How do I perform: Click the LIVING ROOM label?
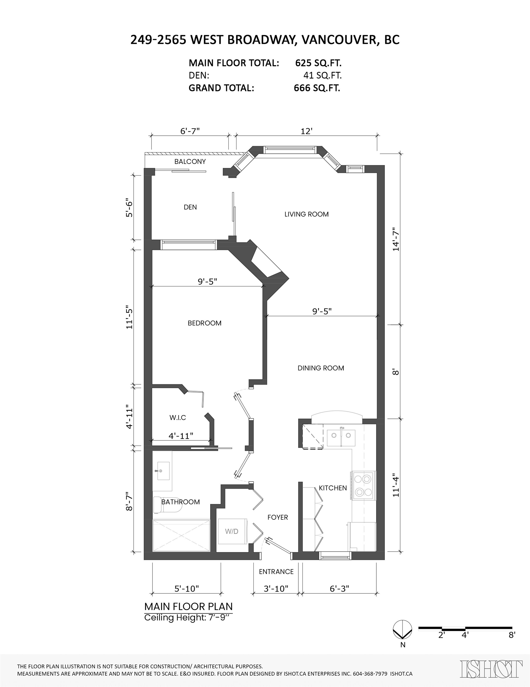tap(306, 214)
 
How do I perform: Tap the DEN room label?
tap(190, 207)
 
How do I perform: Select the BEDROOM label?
tap(205, 323)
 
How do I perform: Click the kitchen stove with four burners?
tap(363, 485)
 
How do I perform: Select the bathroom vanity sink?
tap(163, 471)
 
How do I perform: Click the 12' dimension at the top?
tap(306, 131)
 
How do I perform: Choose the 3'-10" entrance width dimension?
tap(276, 588)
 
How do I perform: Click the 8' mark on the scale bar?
tap(512, 635)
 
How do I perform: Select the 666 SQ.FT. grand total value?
tap(317, 88)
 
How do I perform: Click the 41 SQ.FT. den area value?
tap(322, 75)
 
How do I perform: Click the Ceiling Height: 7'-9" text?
tap(188, 618)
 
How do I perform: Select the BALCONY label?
tap(190, 161)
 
